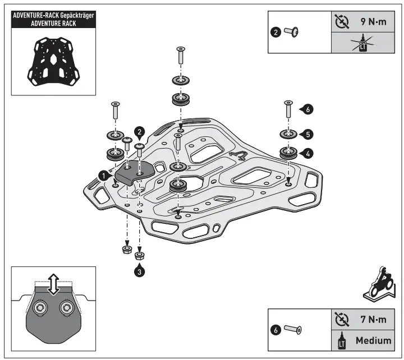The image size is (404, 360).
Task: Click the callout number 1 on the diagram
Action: point(103,176)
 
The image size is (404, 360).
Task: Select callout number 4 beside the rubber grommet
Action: point(309,152)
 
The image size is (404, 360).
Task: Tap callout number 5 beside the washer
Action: point(309,135)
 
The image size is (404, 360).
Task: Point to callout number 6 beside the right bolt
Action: point(309,110)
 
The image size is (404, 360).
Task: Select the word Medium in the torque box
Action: point(373,340)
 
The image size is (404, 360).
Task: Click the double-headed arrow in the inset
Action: point(54,284)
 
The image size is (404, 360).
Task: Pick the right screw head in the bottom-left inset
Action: point(67,307)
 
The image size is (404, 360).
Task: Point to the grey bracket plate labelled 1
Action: point(136,171)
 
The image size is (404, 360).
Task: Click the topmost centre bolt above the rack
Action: point(180,56)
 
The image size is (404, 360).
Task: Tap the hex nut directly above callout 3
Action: point(140,256)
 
